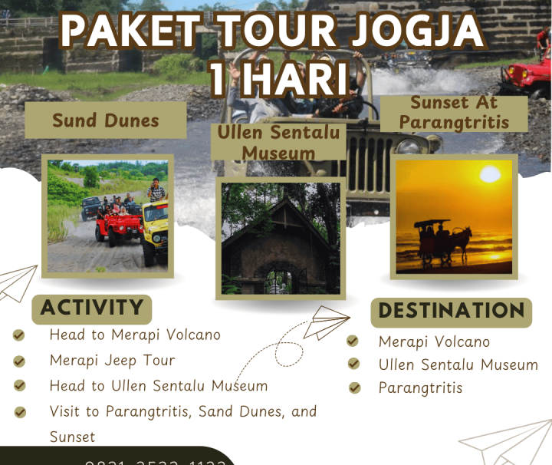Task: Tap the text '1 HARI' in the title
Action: [278, 79]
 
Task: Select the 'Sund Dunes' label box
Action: [106, 120]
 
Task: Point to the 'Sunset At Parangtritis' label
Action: [453, 113]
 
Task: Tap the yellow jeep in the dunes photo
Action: [156, 226]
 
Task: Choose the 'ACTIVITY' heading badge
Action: [92, 308]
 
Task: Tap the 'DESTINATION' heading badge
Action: [452, 312]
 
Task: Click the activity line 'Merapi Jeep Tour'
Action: [112, 360]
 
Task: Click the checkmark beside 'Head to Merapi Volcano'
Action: [19, 335]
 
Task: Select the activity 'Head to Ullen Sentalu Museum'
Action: [158, 385]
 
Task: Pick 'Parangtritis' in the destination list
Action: [420, 387]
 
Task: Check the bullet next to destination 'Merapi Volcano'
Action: [353, 341]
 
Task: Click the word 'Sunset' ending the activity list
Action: [72, 437]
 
